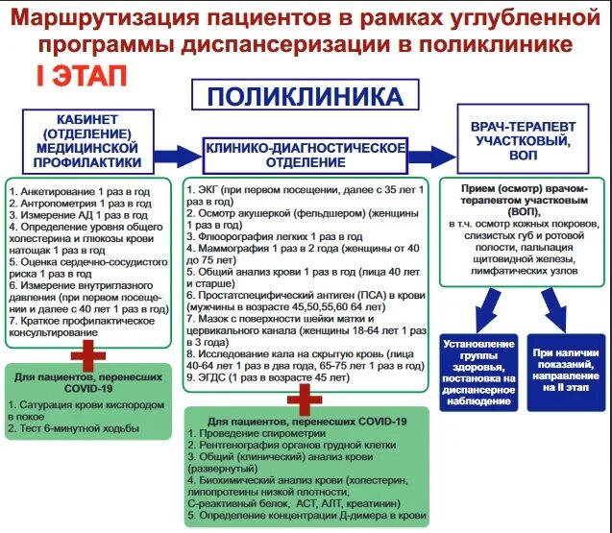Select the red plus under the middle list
(x=305, y=396)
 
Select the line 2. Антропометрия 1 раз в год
(x=80, y=203)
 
